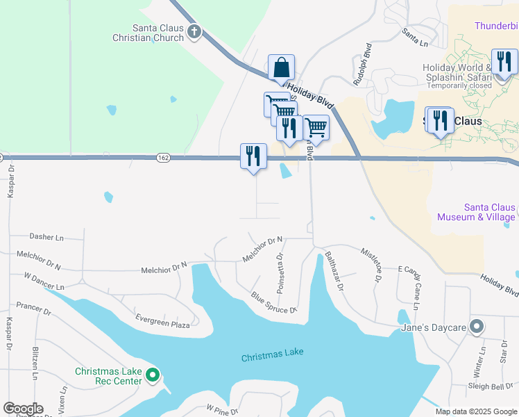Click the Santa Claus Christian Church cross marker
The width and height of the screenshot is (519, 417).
pyautogui.click(x=194, y=31)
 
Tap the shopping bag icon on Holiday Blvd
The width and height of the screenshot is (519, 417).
pyautogui.click(x=282, y=68)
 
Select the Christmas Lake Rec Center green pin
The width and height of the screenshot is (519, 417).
pyautogui.click(x=153, y=376)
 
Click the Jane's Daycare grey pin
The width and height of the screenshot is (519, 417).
pyautogui.click(x=477, y=326)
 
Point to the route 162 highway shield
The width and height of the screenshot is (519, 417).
pyautogui.click(x=162, y=158)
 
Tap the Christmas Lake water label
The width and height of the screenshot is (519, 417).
pyautogui.click(x=272, y=357)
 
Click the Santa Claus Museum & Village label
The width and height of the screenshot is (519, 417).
pyautogui.click(x=476, y=212)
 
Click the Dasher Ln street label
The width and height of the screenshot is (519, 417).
pyautogui.click(x=46, y=237)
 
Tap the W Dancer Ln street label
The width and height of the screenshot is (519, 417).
pyautogui.click(x=44, y=281)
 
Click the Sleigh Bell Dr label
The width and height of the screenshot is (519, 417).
pyautogui.click(x=491, y=386)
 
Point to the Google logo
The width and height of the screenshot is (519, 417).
pyautogui.click(x=23, y=409)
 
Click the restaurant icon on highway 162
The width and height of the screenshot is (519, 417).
pyautogui.click(x=253, y=156)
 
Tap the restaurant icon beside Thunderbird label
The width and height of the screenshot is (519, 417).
pyautogui.click(x=504, y=61)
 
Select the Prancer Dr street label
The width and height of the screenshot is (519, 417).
pyautogui.click(x=33, y=308)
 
